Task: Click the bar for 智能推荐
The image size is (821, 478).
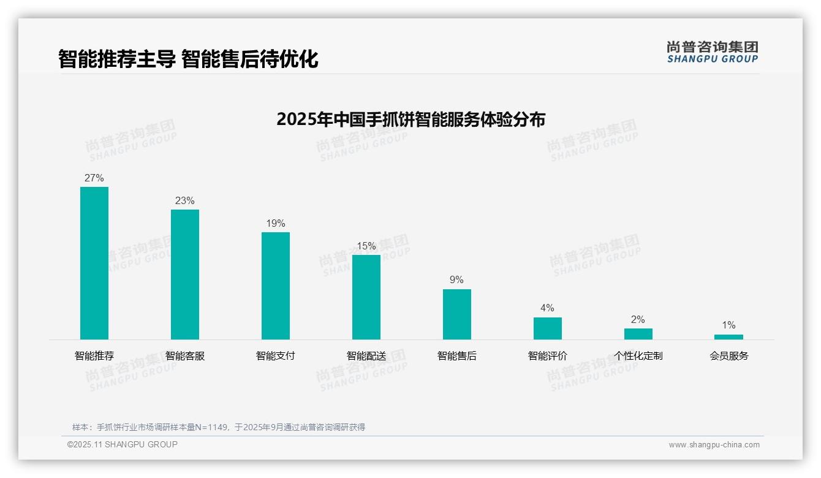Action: [94, 263]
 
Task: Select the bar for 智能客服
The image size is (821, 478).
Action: [185, 275]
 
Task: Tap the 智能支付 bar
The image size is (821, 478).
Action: [276, 286]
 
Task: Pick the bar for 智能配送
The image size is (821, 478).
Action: [366, 297]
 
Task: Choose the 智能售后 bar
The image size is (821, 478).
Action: [457, 314]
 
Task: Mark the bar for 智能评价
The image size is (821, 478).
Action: [548, 328]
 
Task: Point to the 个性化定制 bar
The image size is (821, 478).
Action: [638, 334]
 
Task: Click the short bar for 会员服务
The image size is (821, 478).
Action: [728, 337]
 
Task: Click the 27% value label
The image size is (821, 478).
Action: [94, 178]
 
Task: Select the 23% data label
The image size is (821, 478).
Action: [185, 201]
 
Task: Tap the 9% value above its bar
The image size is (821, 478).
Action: [457, 280]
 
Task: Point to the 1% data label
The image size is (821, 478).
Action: [728, 325]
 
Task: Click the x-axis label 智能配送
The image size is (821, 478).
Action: [366, 356]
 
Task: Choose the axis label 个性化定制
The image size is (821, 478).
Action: [638, 356]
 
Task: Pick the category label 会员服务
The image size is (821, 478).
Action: [728, 356]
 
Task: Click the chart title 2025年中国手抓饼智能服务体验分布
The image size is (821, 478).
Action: [410, 120]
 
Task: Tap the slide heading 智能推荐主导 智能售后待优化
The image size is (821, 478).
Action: [188, 59]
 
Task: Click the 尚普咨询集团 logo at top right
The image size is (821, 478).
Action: [713, 52]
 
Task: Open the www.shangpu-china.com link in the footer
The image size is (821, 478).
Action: [714, 445]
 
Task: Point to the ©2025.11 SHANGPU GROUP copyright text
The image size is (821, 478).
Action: [123, 444]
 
